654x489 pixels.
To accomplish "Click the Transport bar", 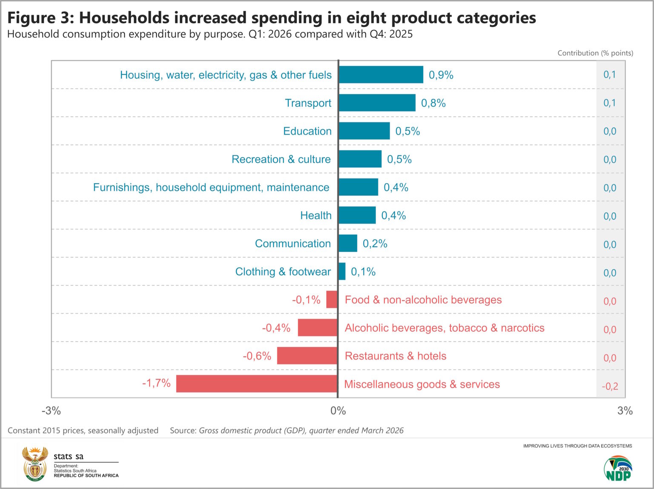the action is click(377, 103).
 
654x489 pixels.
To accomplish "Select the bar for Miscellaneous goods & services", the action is click(257, 383).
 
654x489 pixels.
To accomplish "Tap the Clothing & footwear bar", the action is click(342, 271).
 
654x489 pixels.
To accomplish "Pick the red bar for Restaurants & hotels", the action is click(307, 356).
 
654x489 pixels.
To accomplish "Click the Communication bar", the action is click(348, 243).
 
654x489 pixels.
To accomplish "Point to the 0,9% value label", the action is click(441, 75).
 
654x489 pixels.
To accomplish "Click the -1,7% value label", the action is click(156, 383).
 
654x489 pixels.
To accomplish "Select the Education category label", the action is click(307, 131).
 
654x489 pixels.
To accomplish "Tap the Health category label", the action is click(316, 215).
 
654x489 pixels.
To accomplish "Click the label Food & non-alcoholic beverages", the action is click(423, 299).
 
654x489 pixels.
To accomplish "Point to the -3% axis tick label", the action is click(51, 411).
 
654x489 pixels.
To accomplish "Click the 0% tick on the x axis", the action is click(338, 411).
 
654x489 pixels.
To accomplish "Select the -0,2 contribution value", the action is click(610, 386).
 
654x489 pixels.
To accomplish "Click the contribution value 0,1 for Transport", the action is click(610, 103).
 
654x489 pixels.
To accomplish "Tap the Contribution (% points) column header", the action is click(595, 53).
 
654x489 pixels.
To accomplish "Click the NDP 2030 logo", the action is click(618, 468).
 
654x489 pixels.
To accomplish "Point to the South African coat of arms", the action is click(35, 464).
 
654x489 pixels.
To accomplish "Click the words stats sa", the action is click(69, 456).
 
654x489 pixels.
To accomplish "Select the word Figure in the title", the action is click(32, 18).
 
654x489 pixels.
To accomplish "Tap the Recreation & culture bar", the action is click(360, 159).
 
